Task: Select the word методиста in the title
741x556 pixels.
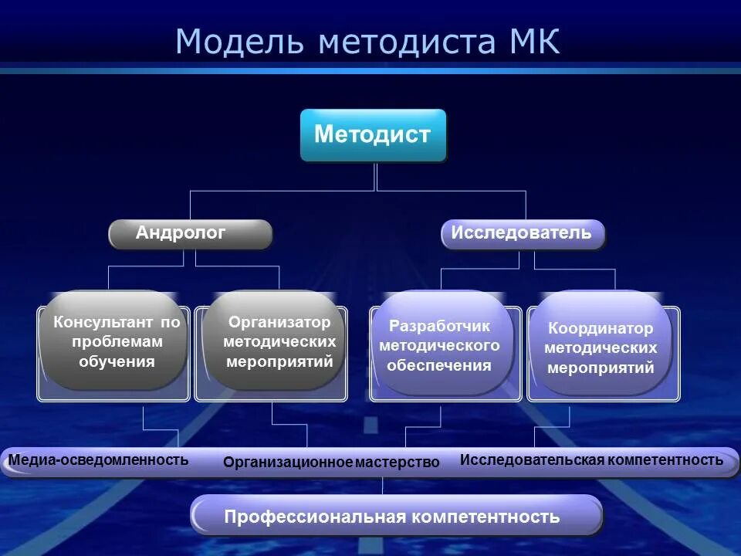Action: point(404,42)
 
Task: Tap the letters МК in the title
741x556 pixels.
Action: point(533,42)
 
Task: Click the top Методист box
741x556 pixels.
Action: point(373,135)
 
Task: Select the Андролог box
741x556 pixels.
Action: point(190,234)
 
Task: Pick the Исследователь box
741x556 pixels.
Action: point(523,234)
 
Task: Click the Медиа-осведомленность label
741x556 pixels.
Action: point(98,460)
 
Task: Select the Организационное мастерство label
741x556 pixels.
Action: point(331,463)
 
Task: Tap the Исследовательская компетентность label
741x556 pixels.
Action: point(591,460)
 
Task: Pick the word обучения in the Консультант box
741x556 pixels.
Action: point(117,361)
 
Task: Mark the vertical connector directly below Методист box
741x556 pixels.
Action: point(375,176)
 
